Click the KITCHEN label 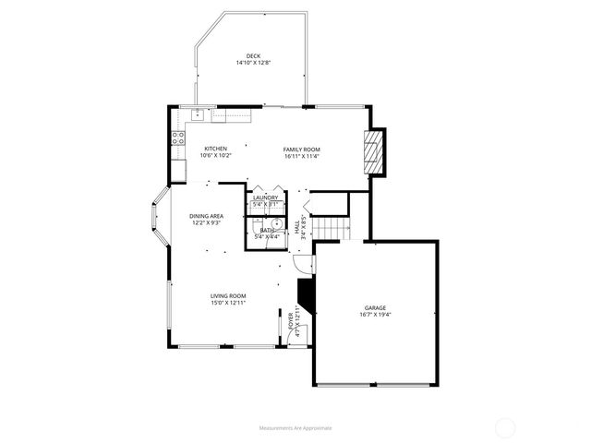point(215,149)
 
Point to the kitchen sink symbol point(197,114)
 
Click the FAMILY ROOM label point(301,149)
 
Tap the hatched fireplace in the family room point(372,150)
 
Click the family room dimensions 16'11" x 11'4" point(301,156)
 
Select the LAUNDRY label point(266,198)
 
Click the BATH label point(266,230)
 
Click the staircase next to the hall point(330,230)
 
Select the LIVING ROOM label point(227,295)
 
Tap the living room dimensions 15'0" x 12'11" point(227,303)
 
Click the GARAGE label point(374,307)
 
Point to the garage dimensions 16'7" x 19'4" point(374,315)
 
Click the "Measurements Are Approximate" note point(295,427)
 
